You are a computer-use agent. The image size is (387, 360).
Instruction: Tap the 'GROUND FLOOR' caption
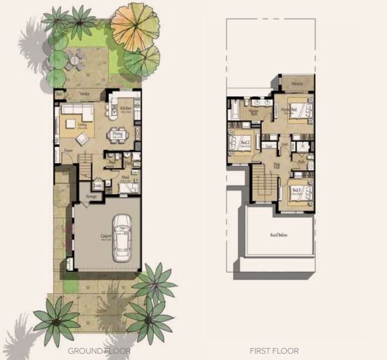(x=99, y=350)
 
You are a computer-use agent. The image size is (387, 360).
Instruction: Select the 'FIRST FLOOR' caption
(x=274, y=350)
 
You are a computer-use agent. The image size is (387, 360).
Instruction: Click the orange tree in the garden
(x=135, y=27)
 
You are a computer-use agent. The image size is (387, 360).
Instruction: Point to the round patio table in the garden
(x=74, y=60)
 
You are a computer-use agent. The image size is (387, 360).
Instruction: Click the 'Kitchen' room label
(x=125, y=108)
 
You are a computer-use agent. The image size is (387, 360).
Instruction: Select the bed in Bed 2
(x=236, y=143)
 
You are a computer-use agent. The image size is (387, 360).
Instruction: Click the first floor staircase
(x=262, y=184)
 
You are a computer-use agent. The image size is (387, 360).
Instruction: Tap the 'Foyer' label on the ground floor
(x=69, y=150)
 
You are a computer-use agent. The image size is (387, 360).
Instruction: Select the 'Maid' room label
(x=125, y=177)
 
